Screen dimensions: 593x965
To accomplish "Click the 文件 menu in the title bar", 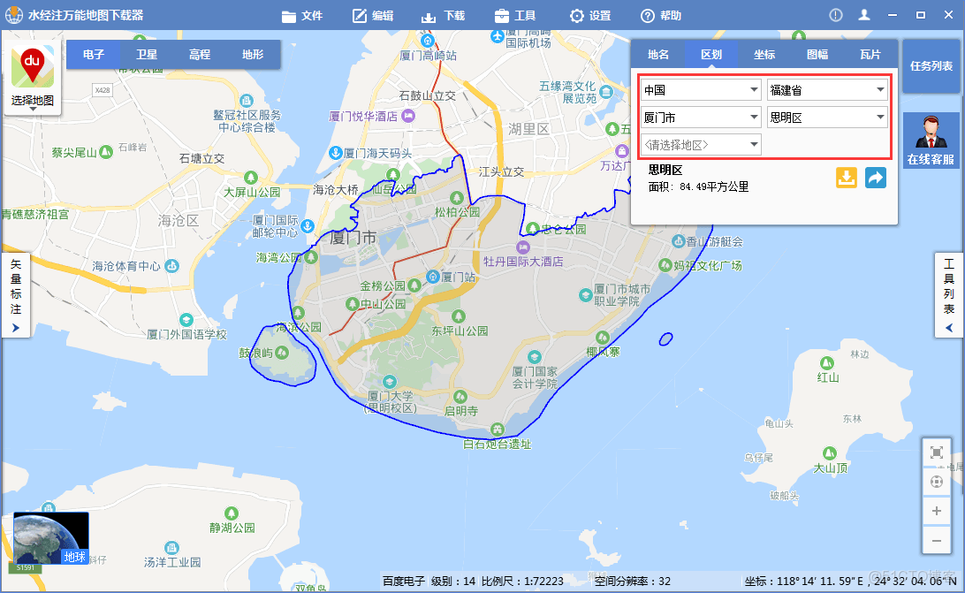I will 302,16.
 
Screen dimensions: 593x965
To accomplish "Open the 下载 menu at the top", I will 443,16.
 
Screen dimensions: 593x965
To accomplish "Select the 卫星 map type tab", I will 147,54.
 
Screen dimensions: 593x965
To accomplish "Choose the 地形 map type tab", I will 253,54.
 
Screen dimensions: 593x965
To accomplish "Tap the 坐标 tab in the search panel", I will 764,54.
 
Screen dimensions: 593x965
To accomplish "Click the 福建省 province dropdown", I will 827,90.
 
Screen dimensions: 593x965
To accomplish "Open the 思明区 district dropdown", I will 827,118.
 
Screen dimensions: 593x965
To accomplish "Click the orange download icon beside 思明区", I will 847,178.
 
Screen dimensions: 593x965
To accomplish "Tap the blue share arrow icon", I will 875,178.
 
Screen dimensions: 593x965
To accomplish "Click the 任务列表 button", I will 931,66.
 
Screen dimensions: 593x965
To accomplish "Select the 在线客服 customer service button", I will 931,141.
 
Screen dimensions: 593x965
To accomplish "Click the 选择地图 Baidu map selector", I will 33,78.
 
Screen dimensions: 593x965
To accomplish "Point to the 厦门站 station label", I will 458,277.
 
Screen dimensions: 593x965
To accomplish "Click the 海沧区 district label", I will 179,220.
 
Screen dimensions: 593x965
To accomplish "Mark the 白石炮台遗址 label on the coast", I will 498,444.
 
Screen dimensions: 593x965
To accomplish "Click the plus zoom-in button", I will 937,511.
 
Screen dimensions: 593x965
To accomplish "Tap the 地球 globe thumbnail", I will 50,538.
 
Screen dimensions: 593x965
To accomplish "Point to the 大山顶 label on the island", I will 831,468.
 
